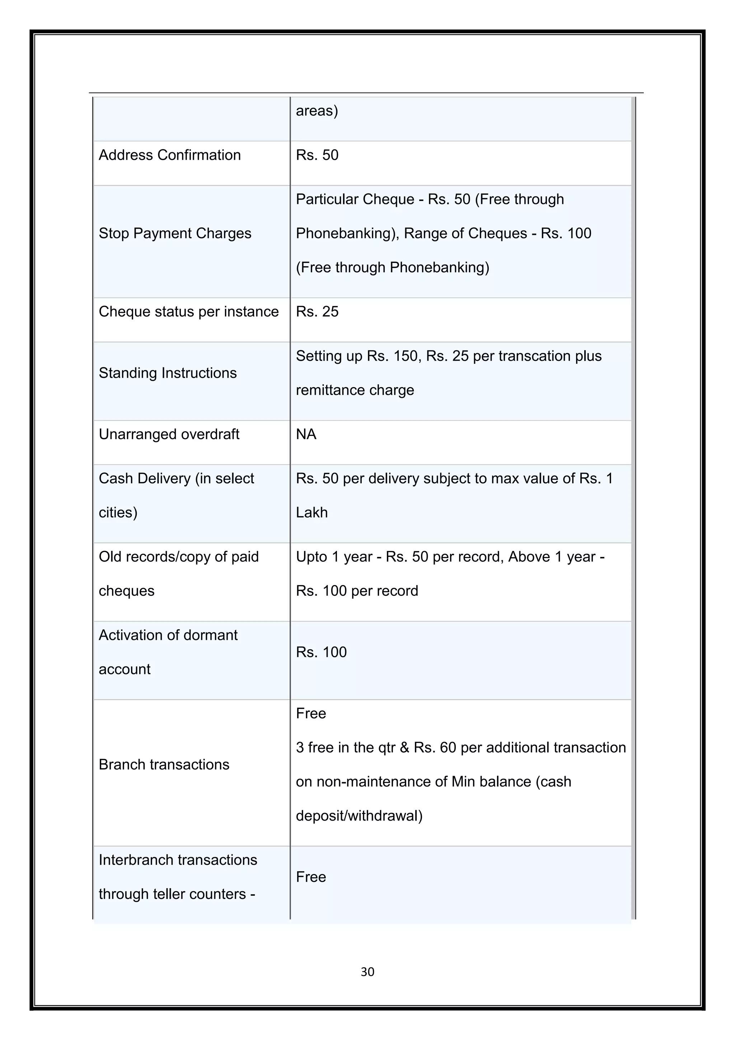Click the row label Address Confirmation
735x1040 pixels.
[170, 155]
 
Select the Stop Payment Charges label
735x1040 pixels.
[175, 233]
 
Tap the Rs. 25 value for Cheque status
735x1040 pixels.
[317, 312]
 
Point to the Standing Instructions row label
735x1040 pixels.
[168, 373]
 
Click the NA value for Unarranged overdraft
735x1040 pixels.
[306, 435]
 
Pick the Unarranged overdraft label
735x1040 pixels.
[169, 435]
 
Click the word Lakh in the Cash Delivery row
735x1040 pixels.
[312, 512]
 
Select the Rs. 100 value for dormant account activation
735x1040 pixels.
[321, 652]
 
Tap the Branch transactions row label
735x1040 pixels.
[164, 765]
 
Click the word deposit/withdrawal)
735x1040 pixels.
[359, 816]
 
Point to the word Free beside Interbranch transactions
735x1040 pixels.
[310, 877]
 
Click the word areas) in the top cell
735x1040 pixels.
[317, 111]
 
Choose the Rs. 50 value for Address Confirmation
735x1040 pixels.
[317, 155]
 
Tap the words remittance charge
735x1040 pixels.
[355, 390]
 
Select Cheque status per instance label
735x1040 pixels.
[188, 312]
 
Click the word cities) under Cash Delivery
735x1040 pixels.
[118, 512]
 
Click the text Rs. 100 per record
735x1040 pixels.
[357, 591]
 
